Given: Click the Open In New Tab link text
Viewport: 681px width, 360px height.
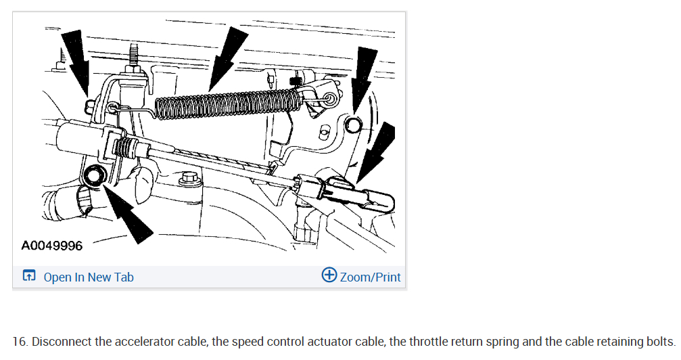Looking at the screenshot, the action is (x=89, y=277).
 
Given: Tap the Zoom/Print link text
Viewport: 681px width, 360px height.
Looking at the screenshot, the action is (x=370, y=277).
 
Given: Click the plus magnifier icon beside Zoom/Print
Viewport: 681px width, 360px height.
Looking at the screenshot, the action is (x=329, y=275).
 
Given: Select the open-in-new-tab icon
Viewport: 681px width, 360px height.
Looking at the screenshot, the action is (x=29, y=275).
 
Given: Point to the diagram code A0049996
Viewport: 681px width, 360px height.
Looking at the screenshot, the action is (x=51, y=246).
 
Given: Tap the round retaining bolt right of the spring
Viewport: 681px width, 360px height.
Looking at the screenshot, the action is (x=352, y=126).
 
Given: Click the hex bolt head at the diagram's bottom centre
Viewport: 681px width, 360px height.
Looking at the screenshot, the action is (x=189, y=177).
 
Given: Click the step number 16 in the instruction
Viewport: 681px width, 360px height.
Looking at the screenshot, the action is (x=20, y=342).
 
